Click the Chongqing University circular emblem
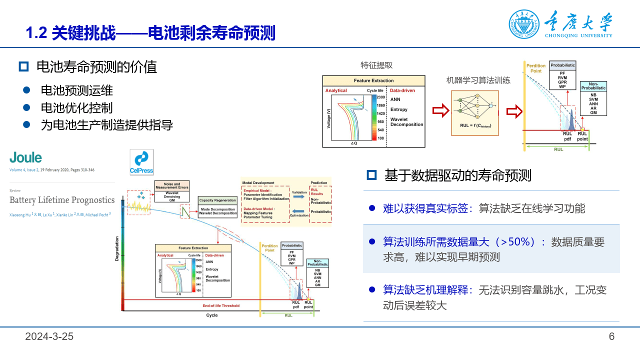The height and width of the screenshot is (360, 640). click(524, 24)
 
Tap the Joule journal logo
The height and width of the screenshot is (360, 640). click(25, 158)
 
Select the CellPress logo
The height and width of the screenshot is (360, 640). click(141, 161)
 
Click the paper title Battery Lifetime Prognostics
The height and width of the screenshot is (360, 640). click(62, 200)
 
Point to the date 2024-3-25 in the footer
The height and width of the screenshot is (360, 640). click(49, 336)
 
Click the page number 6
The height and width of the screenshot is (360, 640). click(611, 336)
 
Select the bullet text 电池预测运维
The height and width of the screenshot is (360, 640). click(76, 90)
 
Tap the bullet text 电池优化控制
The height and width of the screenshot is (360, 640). click(76, 108)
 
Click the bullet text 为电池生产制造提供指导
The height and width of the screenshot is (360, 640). click(106, 125)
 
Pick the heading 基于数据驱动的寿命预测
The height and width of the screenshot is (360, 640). click(457, 175)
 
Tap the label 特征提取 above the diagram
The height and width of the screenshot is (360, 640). click(376, 65)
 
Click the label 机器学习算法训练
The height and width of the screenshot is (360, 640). click(478, 80)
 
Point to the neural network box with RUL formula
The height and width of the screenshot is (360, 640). click(475, 113)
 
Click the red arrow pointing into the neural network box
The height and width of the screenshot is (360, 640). click(440, 111)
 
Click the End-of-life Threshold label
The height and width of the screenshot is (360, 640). click(220, 305)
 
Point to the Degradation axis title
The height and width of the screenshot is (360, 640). click(117, 247)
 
